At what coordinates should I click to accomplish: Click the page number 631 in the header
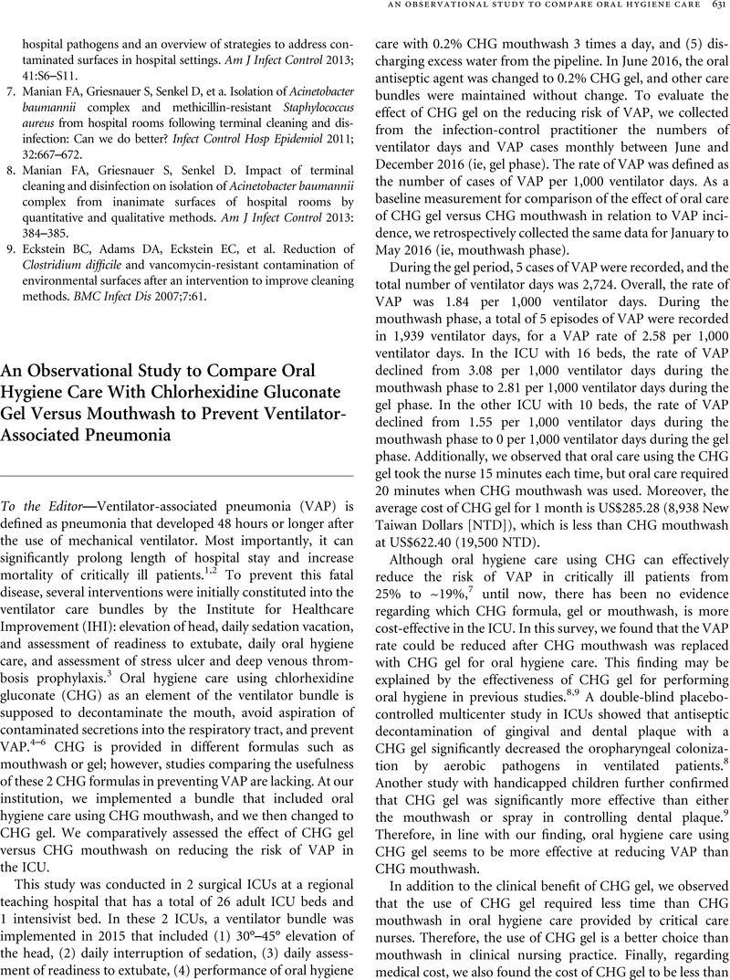pos(717,6)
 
